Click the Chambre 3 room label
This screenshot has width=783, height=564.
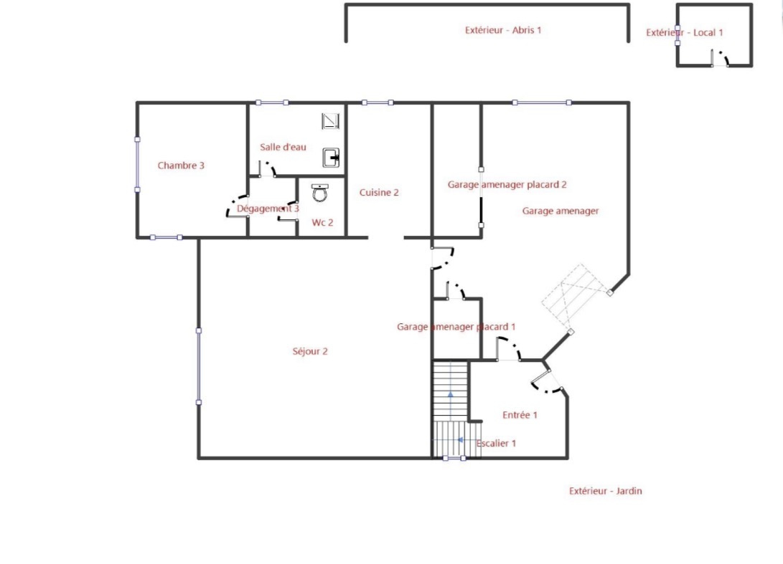181,166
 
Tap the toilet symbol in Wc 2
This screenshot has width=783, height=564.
320,193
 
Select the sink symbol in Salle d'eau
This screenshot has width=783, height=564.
331,158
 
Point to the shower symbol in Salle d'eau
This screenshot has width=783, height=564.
330,121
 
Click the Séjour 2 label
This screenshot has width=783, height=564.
310,351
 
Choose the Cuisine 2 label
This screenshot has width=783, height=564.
379,193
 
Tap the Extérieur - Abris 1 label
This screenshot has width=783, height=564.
503,30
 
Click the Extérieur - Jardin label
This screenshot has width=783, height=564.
605,491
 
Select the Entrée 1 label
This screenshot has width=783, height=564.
520,415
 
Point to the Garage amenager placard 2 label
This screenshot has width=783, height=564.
507,184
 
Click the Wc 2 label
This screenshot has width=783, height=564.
322,222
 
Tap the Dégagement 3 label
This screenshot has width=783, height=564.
268,209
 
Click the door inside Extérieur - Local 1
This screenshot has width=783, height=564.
720,58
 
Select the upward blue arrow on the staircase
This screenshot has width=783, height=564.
451,394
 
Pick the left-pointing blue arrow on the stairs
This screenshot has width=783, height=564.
461,440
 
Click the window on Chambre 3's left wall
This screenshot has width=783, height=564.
137,165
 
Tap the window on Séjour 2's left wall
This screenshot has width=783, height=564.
199,366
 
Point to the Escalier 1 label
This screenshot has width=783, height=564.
496,443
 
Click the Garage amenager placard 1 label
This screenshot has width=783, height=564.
456,327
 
